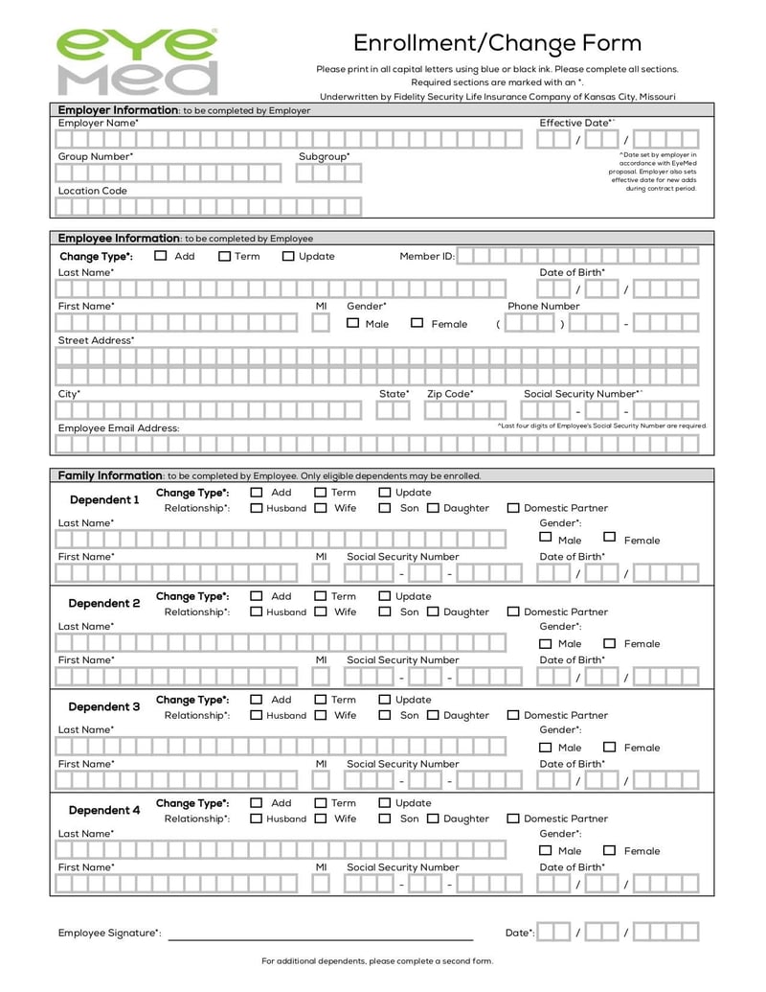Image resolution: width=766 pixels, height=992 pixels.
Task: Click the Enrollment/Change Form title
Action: pyautogui.click(x=497, y=43)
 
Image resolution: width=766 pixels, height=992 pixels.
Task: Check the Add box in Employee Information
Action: pyautogui.click(x=161, y=256)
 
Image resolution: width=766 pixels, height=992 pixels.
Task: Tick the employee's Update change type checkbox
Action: pyautogui.click(x=288, y=256)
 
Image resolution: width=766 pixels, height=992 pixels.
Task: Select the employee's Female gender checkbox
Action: pyautogui.click(x=417, y=323)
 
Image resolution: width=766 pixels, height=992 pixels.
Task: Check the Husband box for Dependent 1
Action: pyautogui.click(x=256, y=508)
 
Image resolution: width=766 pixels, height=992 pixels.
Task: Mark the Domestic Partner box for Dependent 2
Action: pyautogui.click(x=513, y=611)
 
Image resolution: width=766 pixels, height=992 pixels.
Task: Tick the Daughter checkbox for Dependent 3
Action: pyautogui.click(x=433, y=715)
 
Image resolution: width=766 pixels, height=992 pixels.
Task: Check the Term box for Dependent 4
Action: pyautogui.click(x=321, y=803)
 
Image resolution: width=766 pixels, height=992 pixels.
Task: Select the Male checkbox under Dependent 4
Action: pyautogui.click(x=545, y=850)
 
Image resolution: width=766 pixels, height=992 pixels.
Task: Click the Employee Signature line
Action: pyautogui.click(x=321, y=935)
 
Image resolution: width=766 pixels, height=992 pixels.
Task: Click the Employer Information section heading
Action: pyautogui.click(x=118, y=110)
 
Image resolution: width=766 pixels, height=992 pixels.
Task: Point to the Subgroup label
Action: pyautogui.click(x=324, y=156)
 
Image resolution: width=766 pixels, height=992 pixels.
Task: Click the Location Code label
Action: pyautogui.click(x=92, y=191)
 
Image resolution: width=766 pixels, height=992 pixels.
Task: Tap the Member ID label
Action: pyautogui.click(x=426, y=257)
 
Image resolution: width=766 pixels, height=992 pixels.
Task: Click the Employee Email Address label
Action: pyautogui.click(x=118, y=427)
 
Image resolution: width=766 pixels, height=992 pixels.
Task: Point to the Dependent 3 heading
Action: pyautogui.click(x=104, y=706)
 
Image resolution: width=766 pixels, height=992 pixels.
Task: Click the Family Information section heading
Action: pyautogui.click(x=109, y=475)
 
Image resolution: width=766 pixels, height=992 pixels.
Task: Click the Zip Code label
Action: pyautogui.click(x=449, y=394)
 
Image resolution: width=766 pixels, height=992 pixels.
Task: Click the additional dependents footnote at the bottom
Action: pyautogui.click(x=377, y=961)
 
